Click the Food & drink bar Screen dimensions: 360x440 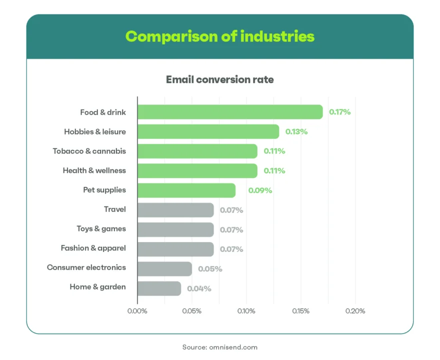230,112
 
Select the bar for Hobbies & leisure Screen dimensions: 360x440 208,131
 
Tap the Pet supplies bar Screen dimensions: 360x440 186,190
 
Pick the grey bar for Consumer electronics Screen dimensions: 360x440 164,268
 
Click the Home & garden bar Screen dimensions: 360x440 159,288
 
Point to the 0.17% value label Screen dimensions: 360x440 340,112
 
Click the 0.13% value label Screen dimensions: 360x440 296,131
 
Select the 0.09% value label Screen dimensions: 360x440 260,190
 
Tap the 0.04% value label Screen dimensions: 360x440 199,288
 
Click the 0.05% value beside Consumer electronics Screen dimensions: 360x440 210,269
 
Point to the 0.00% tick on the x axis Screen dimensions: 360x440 137,311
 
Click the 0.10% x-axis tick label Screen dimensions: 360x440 246,311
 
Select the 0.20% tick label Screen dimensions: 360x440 355,311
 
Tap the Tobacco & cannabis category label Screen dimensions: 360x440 89,151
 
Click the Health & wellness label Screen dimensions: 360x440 94,170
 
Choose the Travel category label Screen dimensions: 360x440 115,209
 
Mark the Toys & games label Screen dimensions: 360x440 101,229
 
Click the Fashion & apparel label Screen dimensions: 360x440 93,248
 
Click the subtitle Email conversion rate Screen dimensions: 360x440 220,79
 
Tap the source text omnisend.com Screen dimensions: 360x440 220,347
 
